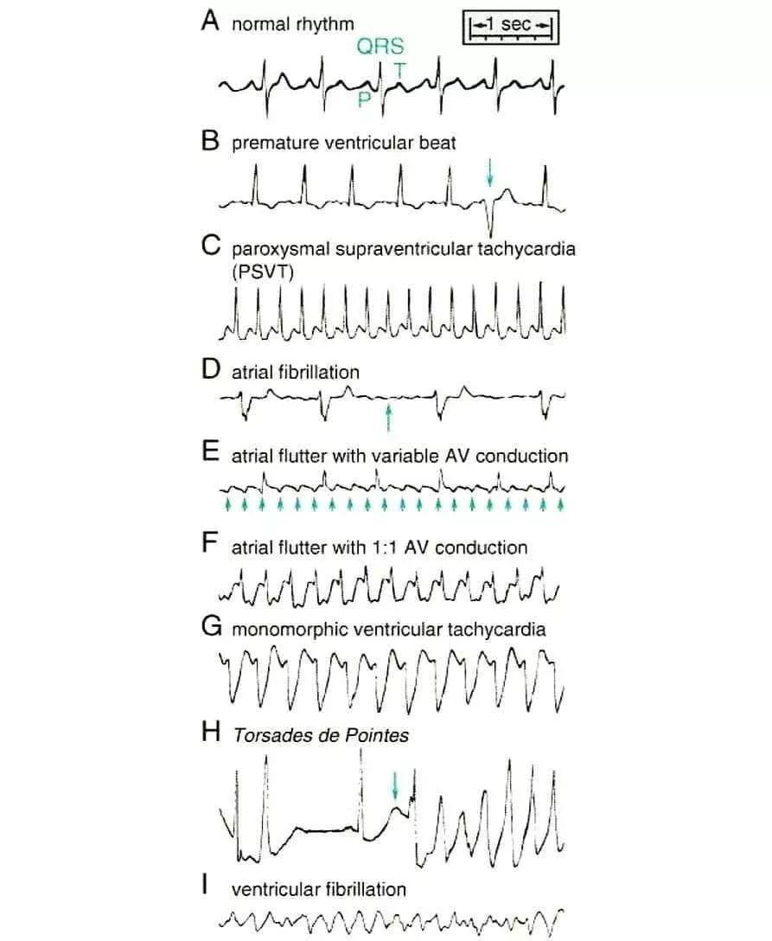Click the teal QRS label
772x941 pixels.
point(380,46)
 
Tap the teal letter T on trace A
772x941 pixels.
point(399,70)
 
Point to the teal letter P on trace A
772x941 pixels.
point(363,99)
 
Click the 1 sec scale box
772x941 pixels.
point(510,27)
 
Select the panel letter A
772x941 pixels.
point(210,21)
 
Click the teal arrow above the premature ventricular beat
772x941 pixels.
point(490,172)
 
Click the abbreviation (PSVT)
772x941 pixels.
point(263,272)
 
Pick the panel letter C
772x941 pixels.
point(211,246)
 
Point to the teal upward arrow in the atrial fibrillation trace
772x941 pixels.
point(388,418)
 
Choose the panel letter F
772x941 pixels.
point(209,542)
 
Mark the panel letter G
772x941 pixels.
point(212,626)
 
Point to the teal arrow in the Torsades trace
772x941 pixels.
point(395,785)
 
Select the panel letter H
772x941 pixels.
point(211,732)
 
